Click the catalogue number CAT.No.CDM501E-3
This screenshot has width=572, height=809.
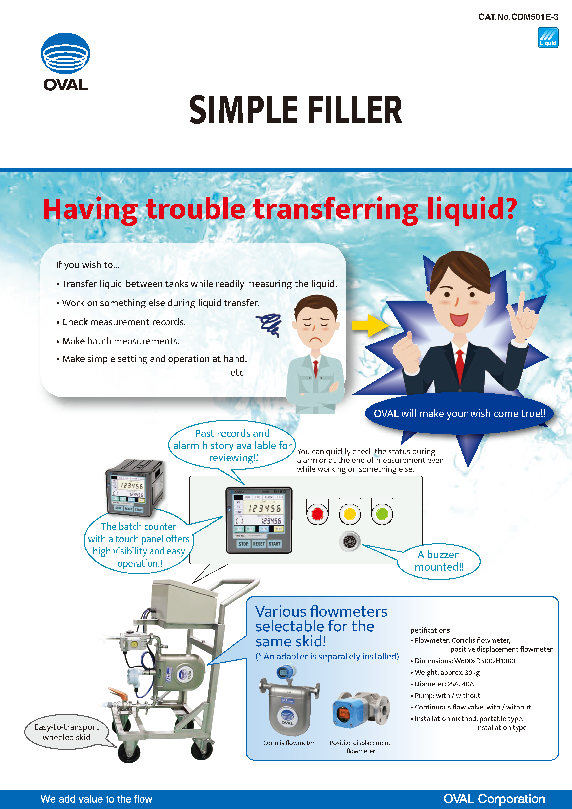click(x=518, y=17)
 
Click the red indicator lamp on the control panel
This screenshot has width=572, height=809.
click(x=317, y=514)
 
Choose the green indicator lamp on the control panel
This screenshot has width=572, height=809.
click(x=382, y=514)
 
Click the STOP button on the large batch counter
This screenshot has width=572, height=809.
click(x=243, y=544)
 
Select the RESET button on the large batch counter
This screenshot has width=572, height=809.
click(x=259, y=544)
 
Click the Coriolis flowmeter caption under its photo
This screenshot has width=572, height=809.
click(x=289, y=743)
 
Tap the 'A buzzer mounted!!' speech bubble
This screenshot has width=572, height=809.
click(x=439, y=561)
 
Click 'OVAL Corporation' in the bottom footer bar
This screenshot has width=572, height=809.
click(x=494, y=799)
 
